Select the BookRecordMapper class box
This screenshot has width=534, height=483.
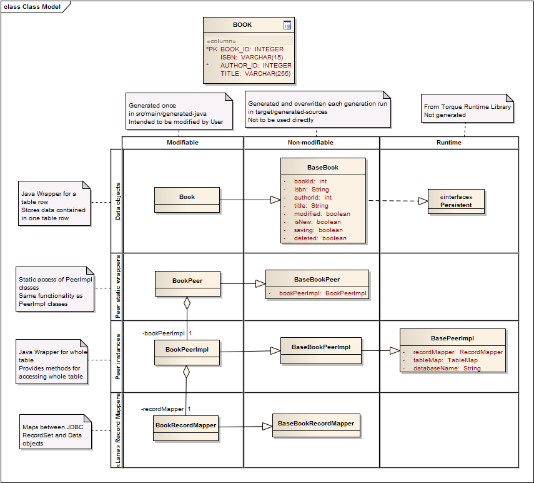click(x=185, y=427)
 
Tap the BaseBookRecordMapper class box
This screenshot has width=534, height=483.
click(x=316, y=425)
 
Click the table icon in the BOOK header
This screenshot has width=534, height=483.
click(x=287, y=25)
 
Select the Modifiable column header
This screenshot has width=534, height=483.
click(x=182, y=143)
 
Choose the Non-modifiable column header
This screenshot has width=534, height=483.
click(x=311, y=143)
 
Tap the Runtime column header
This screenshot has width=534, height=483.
click(x=448, y=143)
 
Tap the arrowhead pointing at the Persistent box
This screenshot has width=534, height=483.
click(x=423, y=201)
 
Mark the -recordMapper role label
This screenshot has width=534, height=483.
click(x=162, y=409)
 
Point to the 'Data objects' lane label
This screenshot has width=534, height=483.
click(x=117, y=201)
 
